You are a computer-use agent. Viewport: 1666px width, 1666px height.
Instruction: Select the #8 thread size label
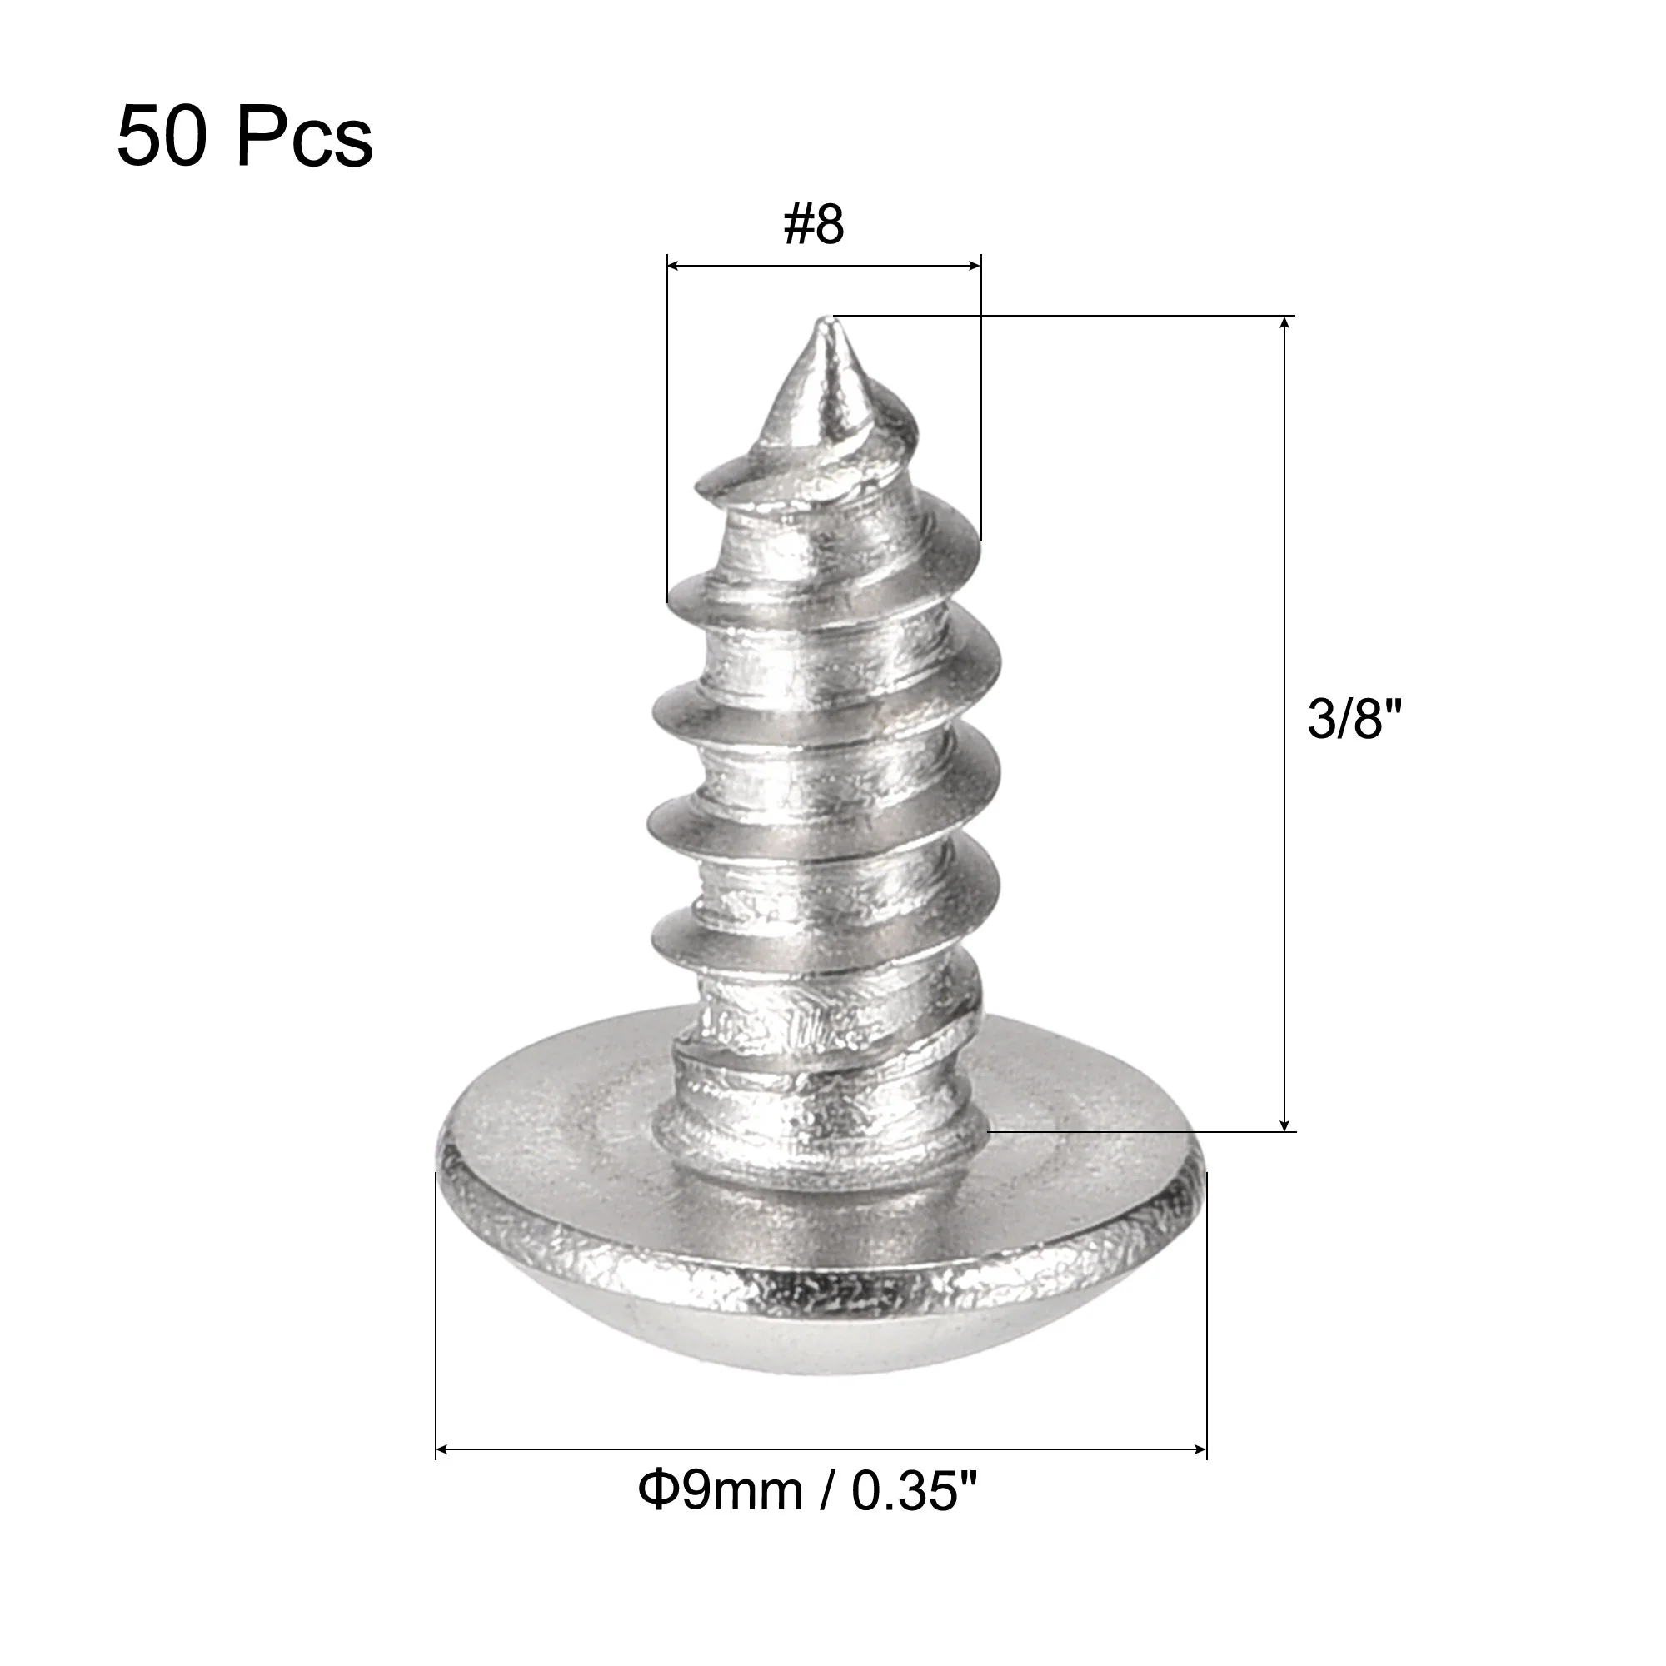click(813, 224)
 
